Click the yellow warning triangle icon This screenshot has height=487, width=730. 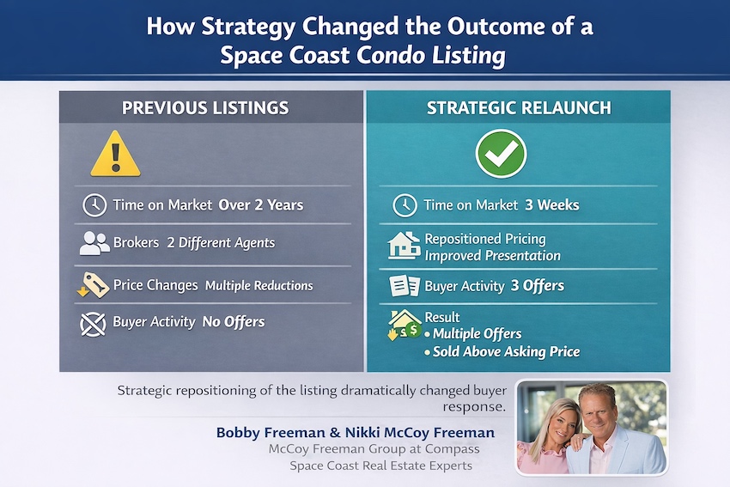point(115,155)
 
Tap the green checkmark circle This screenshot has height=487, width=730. point(501,154)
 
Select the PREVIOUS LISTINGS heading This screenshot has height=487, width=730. point(205,108)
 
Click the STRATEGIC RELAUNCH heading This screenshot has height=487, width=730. point(519,108)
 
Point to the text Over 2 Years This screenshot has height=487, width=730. point(261,205)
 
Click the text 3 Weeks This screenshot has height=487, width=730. point(552,205)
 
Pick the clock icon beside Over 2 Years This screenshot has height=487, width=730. point(94,205)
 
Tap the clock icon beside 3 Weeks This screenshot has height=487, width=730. point(405,205)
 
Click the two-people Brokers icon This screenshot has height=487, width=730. point(94,243)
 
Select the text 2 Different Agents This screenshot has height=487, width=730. point(221,242)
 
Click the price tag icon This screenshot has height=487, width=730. point(94,285)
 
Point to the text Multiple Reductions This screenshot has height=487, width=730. point(259,285)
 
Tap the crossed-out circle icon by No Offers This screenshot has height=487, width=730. point(93,324)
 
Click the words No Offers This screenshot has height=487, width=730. point(234,322)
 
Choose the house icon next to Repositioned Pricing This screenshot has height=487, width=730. point(404,246)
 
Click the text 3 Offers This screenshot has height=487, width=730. point(538,285)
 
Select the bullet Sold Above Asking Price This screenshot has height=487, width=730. point(502,351)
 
